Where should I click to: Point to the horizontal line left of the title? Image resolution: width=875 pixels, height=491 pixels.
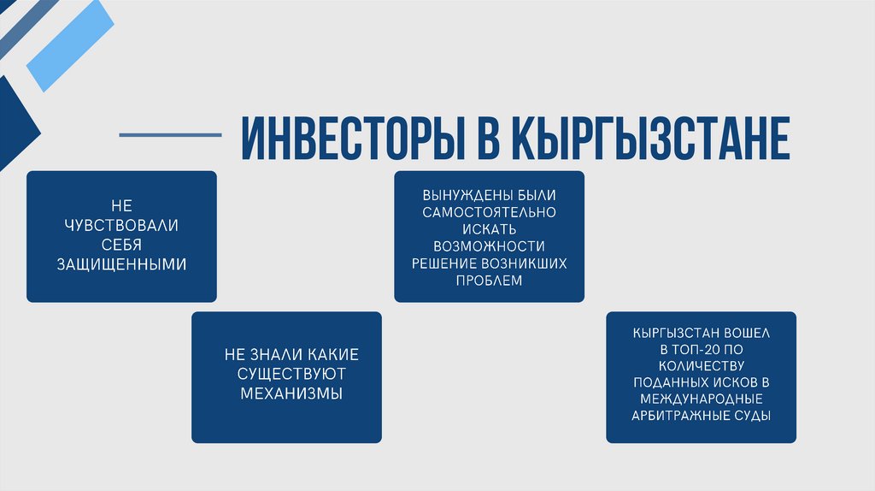click(170, 135)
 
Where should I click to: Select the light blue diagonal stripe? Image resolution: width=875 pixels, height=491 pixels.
click(70, 45)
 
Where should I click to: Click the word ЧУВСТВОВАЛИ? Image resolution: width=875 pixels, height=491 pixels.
click(121, 226)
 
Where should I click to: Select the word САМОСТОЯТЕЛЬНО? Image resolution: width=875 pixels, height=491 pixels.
click(490, 211)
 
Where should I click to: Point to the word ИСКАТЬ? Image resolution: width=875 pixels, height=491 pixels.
click(490, 228)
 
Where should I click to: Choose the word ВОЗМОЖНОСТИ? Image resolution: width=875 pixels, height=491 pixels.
click(490, 245)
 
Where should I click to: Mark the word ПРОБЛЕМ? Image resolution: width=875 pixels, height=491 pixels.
click(490, 280)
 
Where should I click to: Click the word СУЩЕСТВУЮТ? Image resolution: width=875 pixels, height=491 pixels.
click(286, 374)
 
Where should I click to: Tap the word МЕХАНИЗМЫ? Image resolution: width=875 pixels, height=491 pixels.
click(286, 393)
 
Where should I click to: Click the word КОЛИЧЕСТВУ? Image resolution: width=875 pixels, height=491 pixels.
click(701, 366)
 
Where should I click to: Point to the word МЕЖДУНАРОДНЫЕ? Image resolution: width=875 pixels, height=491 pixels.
click(701, 399)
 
